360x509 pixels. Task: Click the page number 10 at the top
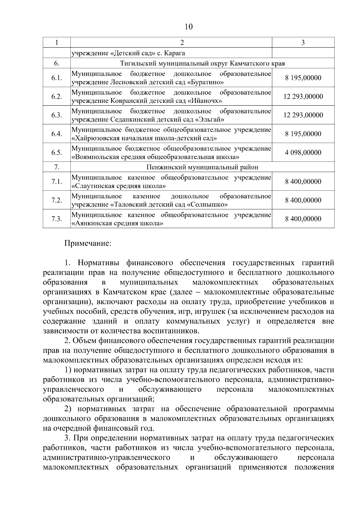point(188,27)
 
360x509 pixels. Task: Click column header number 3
point(303,43)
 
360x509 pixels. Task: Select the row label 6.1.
point(56,78)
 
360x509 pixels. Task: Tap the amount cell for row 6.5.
point(303,152)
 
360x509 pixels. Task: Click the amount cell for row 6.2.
point(303,97)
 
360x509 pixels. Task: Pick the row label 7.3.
point(56,219)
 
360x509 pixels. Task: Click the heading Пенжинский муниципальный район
point(202,167)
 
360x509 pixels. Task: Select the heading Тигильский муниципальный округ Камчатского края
point(202,64)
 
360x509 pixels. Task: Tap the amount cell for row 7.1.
point(303,181)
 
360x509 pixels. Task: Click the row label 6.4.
point(56,134)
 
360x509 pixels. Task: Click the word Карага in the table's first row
point(174,53)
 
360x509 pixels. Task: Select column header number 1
point(56,43)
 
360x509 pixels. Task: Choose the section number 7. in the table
point(56,167)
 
